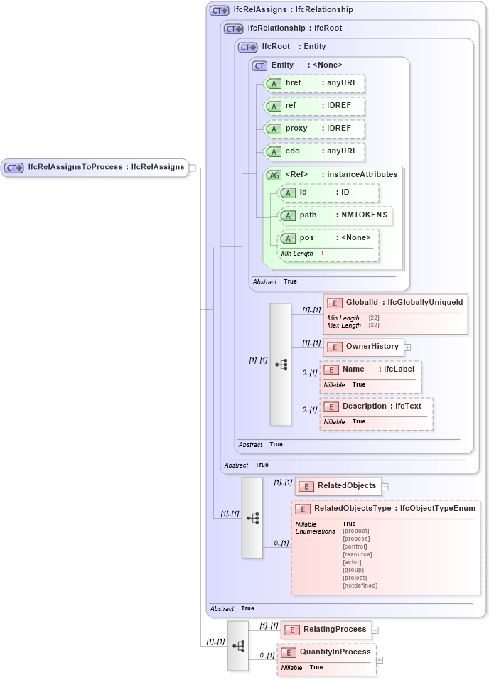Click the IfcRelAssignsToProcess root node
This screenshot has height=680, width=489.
coord(95,168)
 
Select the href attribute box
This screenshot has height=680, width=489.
coord(313,83)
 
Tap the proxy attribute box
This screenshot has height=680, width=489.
coord(313,129)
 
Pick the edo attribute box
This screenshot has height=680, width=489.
coord(313,151)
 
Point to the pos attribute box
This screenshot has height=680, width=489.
coord(328,238)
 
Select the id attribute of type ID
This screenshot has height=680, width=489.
coord(328,193)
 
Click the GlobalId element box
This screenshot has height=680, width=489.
coord(395,303)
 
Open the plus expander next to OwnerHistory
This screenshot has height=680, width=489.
coord(408,347)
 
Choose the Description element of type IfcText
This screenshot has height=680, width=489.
coord(376,406)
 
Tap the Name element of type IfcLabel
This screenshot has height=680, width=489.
coord(370,369)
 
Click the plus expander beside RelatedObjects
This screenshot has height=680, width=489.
coord(385,487)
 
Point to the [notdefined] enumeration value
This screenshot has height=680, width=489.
coord(360,585)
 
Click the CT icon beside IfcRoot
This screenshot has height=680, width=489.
coord(247,47)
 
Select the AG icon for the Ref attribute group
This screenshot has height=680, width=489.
coord(273,175)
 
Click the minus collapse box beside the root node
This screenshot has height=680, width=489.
coord(193,168)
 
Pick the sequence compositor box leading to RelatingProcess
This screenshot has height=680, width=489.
coord(238,645)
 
